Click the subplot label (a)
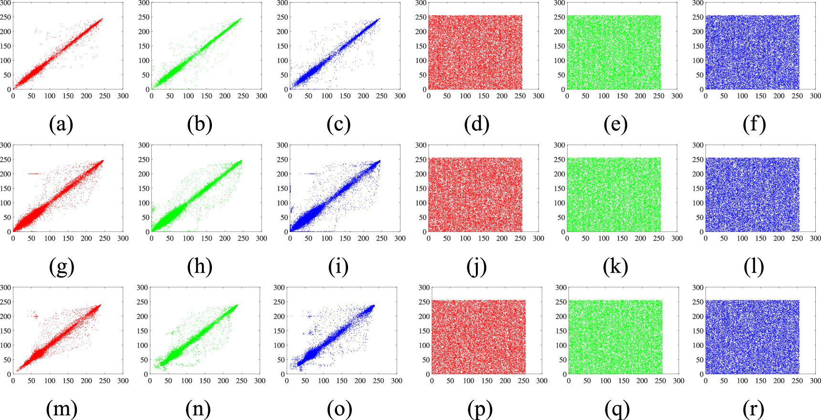point(61,125)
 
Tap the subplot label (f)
point(754,125)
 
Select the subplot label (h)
point(200,267)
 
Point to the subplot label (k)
point(615,267)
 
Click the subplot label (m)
point(61,409)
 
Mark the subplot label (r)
point(754,409)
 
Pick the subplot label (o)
point(339,409)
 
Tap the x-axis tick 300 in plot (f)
point(816,96)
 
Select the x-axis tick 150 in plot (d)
point(484,96)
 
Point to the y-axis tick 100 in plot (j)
point(421,203)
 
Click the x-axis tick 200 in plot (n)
point(223,381)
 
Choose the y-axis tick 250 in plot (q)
point(560,302)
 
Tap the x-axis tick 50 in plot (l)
point(724,238)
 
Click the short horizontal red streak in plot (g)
point(35,174)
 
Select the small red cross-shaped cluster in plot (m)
point(35,316)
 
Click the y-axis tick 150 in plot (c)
point(282,46)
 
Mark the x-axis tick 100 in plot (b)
point(188,96)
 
